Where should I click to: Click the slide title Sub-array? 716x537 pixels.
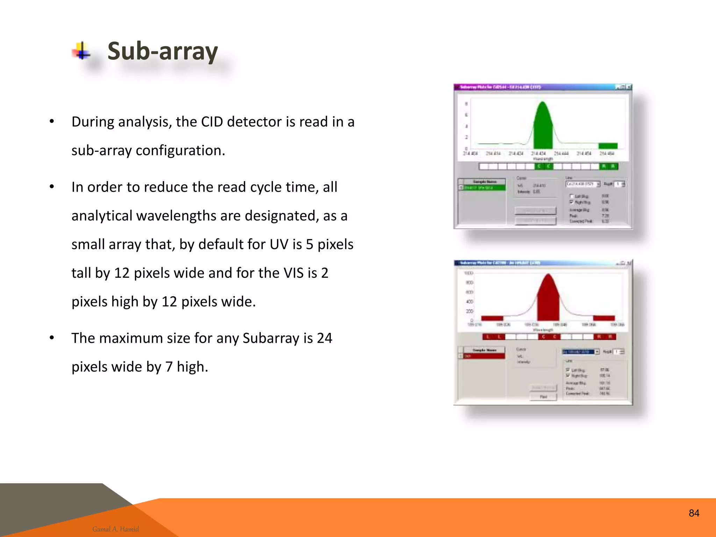pos(163,51)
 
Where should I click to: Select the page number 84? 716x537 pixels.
pos(694,513)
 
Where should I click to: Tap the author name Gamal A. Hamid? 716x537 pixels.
pos(115,529)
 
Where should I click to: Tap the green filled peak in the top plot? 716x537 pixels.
pos(543,129)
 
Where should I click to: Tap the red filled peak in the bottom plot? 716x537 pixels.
pos(548,301)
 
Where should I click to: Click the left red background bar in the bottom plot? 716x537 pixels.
pos(492,318)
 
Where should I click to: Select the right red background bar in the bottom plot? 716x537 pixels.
pos(604,318)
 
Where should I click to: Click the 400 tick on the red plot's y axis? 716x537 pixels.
pos(470,301)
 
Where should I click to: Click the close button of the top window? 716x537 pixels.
pos(629,87)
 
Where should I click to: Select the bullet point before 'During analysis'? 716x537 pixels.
pos(52,122)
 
